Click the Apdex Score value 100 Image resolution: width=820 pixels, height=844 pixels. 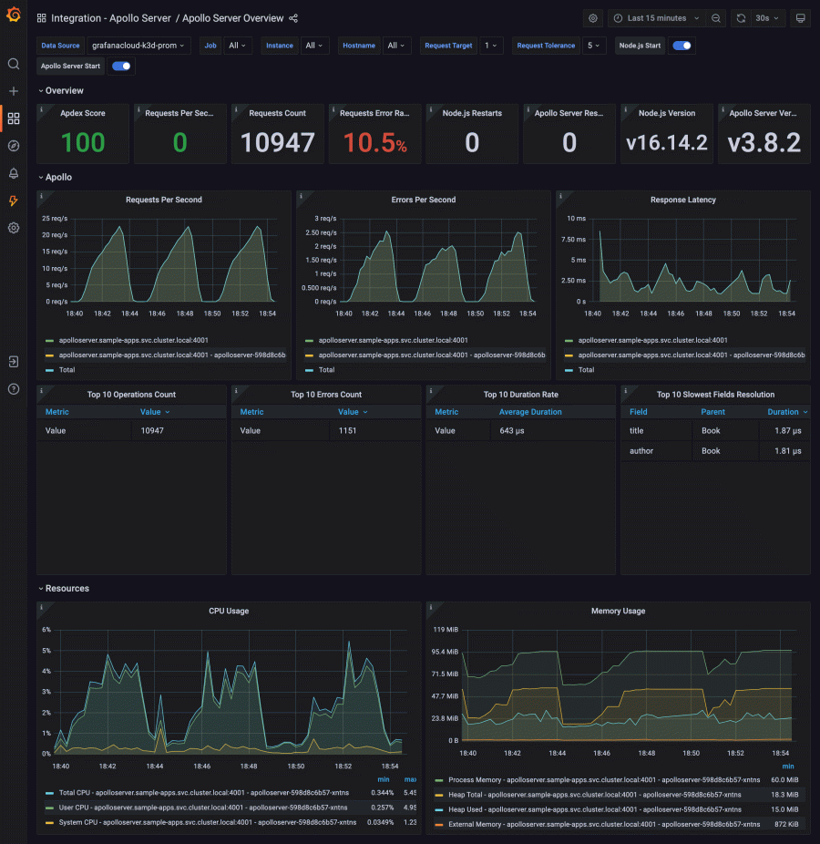coord(83,142)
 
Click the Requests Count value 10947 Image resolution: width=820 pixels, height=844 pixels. coord(278,142)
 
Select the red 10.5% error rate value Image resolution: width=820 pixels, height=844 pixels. coord(374,142)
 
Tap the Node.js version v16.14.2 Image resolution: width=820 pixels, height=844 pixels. coord(667,142)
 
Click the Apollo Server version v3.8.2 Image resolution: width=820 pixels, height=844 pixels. coord(764,142)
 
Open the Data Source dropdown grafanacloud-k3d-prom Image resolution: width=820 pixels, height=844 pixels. coord(138,45)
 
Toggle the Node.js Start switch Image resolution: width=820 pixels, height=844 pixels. coord(681,45)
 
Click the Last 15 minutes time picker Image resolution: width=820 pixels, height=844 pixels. coord(657,18)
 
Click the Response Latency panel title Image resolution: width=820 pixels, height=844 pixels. coord(682,200)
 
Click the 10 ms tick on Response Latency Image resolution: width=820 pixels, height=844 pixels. coord(576,219)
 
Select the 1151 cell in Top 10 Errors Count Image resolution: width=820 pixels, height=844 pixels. coord(347,430)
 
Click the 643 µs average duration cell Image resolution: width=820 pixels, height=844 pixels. coord(507,430)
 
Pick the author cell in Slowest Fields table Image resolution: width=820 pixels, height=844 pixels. coord(641,450)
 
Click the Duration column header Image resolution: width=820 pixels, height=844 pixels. coord(783,412)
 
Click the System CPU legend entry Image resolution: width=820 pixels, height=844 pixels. coord(208,822)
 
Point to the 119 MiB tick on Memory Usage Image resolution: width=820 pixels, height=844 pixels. coord(446,630)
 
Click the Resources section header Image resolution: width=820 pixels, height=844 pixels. coord(67,588)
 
